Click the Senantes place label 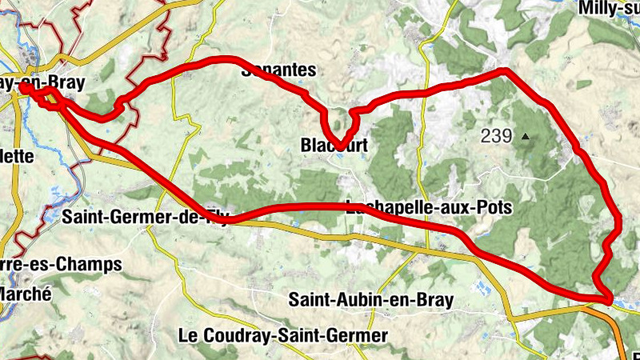[279, 70]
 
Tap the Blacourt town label [334, 146]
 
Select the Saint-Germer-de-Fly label [145, 216]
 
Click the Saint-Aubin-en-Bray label [371, 301]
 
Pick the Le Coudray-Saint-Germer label [284, 335]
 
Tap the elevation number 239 [496, 136]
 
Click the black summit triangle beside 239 [526, 136]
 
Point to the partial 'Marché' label [26, 294]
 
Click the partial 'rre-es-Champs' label [61, 263]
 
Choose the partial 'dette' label [17, 156]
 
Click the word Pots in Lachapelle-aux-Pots [493, 207]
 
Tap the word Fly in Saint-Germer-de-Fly [214, 216]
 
